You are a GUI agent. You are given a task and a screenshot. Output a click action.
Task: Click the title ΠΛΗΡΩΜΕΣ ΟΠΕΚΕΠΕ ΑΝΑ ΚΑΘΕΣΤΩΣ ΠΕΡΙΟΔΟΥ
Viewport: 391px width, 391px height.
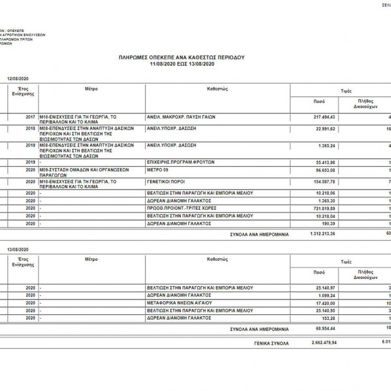(182, 57)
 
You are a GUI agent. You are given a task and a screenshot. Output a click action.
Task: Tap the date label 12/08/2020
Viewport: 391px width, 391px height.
(17, 78)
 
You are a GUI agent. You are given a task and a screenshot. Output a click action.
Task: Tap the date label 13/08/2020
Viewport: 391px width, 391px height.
(17, 249)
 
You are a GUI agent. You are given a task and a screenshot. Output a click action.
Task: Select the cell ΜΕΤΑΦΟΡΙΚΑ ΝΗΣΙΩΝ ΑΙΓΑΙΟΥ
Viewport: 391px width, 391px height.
(179, 303)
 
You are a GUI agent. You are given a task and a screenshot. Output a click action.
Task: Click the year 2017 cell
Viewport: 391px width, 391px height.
(31, 116)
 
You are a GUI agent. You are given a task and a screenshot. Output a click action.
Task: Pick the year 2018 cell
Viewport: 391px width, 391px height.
(31, 129)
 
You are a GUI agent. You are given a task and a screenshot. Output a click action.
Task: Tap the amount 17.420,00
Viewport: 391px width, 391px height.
(326, 303)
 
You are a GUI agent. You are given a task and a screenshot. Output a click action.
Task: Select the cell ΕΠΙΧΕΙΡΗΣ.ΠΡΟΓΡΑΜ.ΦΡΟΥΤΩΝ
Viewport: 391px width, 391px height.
(181, 162)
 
